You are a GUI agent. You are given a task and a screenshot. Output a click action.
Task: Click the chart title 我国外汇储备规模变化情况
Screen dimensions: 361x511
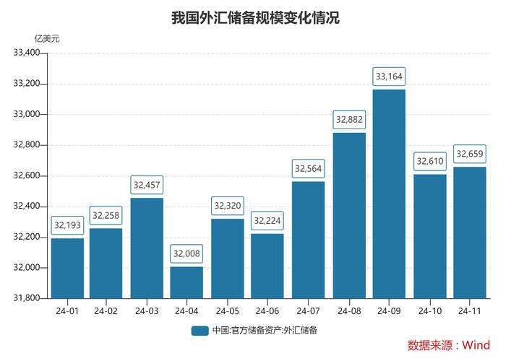[255, 18]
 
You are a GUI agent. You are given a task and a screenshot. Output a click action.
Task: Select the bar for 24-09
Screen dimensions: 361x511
[390, 193]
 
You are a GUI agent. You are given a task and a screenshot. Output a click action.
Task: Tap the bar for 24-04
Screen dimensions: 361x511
[187, 282]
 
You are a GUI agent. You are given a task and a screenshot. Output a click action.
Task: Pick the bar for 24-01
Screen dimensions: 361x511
[67, 268]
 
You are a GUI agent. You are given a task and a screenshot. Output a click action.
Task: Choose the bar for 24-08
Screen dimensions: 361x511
[349, 215]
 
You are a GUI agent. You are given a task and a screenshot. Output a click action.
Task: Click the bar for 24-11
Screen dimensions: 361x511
[470, 232]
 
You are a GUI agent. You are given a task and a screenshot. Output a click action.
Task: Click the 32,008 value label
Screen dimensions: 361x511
[187, 253]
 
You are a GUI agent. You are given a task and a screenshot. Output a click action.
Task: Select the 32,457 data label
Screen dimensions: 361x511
[147, 184]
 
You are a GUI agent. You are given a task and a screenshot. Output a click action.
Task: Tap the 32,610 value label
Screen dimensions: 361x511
[430, 160]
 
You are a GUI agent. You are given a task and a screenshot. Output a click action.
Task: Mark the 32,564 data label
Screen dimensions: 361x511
[309, 168]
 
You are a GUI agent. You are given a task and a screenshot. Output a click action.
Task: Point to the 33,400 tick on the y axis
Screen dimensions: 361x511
[30, 53]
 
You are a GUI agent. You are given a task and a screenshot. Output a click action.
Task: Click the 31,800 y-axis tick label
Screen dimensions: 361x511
[30, 298]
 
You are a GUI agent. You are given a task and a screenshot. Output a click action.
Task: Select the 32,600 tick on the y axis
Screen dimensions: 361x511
[30, 176]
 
